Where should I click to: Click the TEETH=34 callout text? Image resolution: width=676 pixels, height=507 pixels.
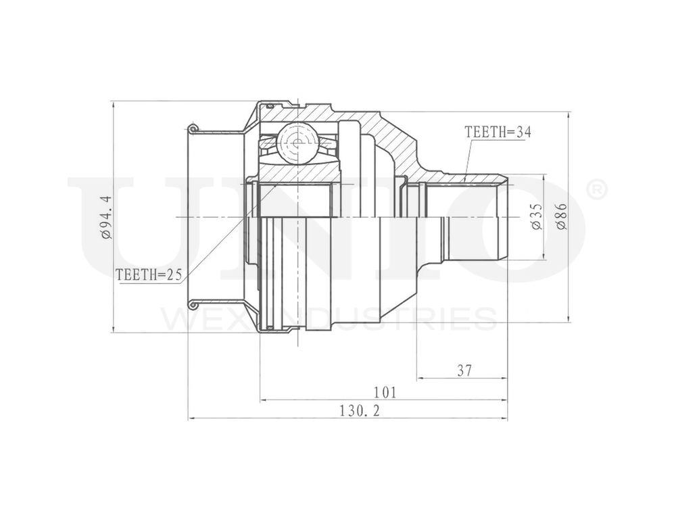pyautogui.click(x=498, y=132)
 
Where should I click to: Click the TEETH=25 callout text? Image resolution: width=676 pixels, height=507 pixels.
pyautogui.click(x=150, y=274)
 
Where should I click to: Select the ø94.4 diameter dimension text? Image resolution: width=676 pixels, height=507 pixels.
pyautogui.click(x=105, y=217)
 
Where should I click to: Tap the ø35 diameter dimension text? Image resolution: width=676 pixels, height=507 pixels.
pyautogui.click(x=537, y=216)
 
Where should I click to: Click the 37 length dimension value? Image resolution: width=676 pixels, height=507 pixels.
pyautogui.click(x=464, y=370)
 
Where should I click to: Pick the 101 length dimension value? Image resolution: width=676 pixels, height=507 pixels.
pyautogui.click(x=385, y=392)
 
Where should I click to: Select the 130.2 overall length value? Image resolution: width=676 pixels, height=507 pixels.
pyautogui.click(x=359, y=411)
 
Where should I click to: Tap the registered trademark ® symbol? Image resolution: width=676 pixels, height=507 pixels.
pyautogui.click(x=597, y=190)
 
